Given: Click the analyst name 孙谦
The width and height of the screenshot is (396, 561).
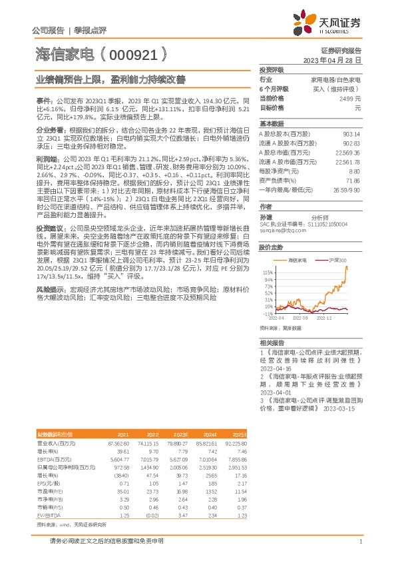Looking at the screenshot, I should click(266, 217).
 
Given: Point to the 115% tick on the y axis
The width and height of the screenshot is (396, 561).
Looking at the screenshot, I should click(268, 273).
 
